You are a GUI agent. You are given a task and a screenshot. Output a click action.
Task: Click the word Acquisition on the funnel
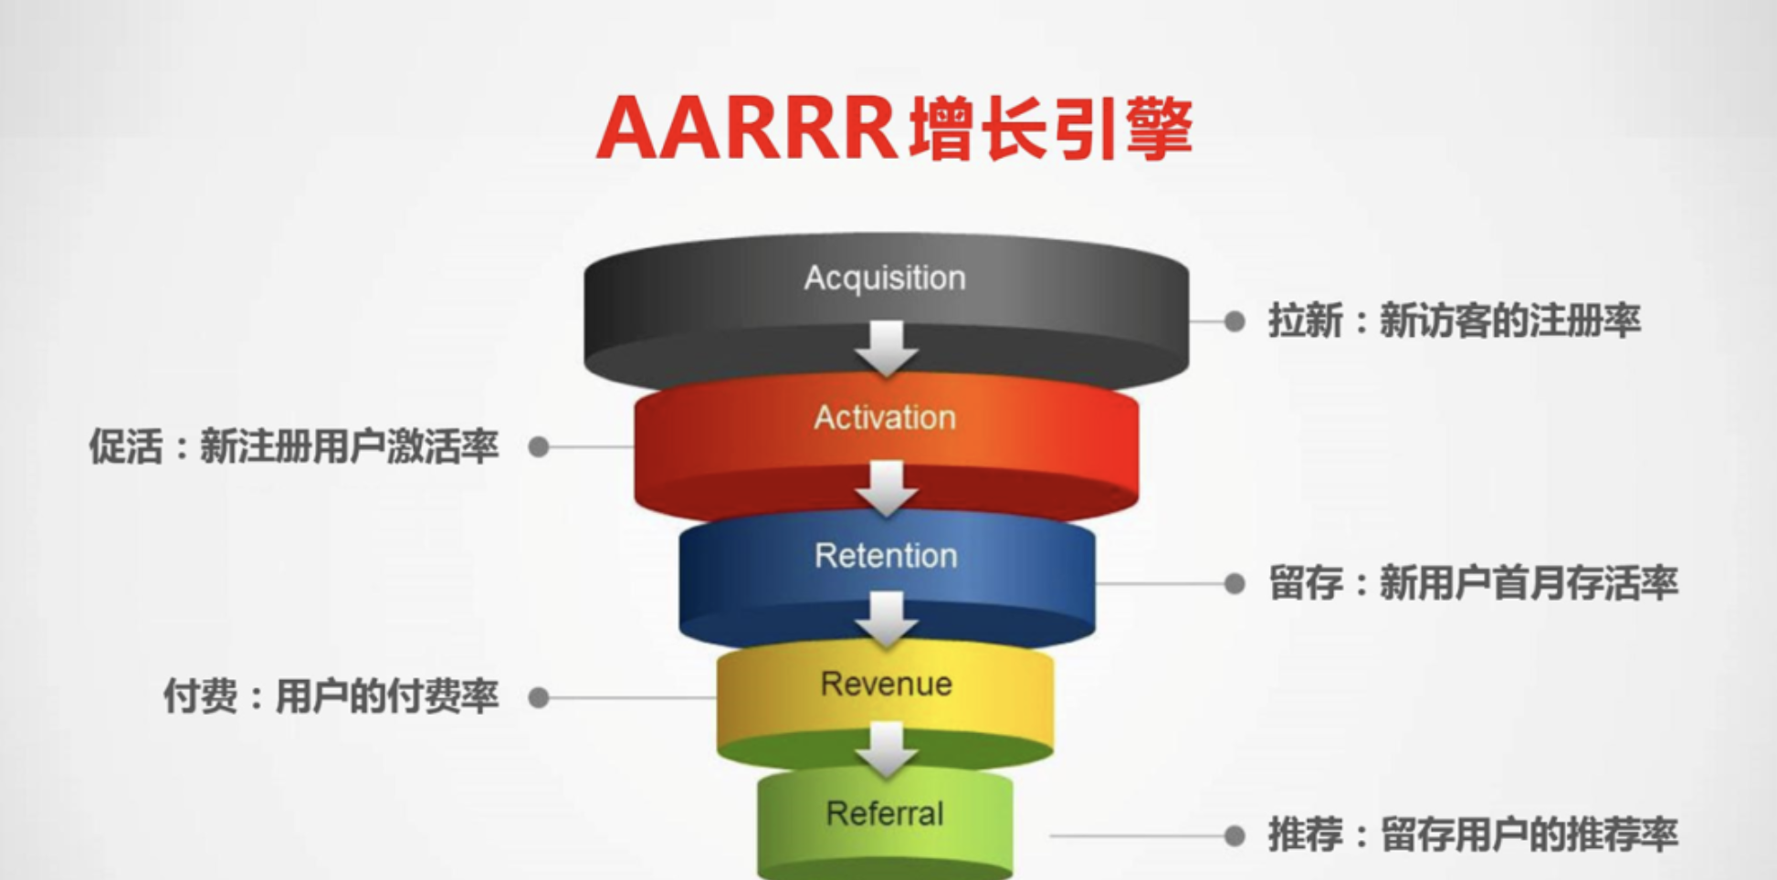[x=884, y=278]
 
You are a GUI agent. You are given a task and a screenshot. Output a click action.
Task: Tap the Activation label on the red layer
[x=884, y=417]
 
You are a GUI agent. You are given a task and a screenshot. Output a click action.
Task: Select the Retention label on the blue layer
[x=886, y=555]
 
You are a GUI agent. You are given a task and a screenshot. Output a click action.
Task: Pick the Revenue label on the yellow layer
[x=886, y=684]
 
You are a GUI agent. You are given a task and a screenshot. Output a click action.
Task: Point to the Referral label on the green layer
[x=884, y=813]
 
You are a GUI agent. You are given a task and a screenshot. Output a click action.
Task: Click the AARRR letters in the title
[x=747, y=129]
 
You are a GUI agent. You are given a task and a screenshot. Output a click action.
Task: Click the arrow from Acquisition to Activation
[x=886, y=348]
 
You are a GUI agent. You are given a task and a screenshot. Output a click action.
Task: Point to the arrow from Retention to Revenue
[x=886, y=618]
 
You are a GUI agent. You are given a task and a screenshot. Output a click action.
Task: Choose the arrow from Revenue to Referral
[x=886, y=749]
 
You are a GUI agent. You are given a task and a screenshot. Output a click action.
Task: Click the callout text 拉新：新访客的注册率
[x=1454, y=321]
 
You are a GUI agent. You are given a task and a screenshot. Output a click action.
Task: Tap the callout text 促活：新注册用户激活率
[x=293, y=446]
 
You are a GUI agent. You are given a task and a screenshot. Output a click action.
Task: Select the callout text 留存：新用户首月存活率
[x=1473, y=583]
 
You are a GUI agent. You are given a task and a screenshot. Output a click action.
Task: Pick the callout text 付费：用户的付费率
[x=331, y=697]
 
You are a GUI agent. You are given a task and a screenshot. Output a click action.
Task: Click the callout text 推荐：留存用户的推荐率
[x=1472, y=834]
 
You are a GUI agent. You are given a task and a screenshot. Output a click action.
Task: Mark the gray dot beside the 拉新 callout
[x=1235, y=321]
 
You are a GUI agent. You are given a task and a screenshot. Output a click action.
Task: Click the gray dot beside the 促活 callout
[x=539, y=446]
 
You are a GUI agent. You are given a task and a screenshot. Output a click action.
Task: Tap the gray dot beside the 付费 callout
[x=539, y=697]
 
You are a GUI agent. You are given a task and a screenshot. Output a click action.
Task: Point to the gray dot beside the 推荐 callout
[x=1235, y=834]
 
